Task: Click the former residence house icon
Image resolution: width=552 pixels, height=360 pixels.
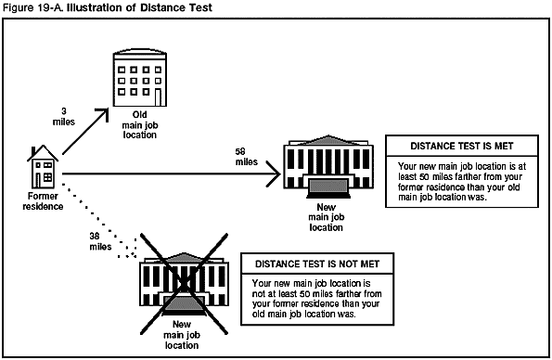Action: (x=42, y=167)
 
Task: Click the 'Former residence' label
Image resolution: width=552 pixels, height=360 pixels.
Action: (x=42, y=201)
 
